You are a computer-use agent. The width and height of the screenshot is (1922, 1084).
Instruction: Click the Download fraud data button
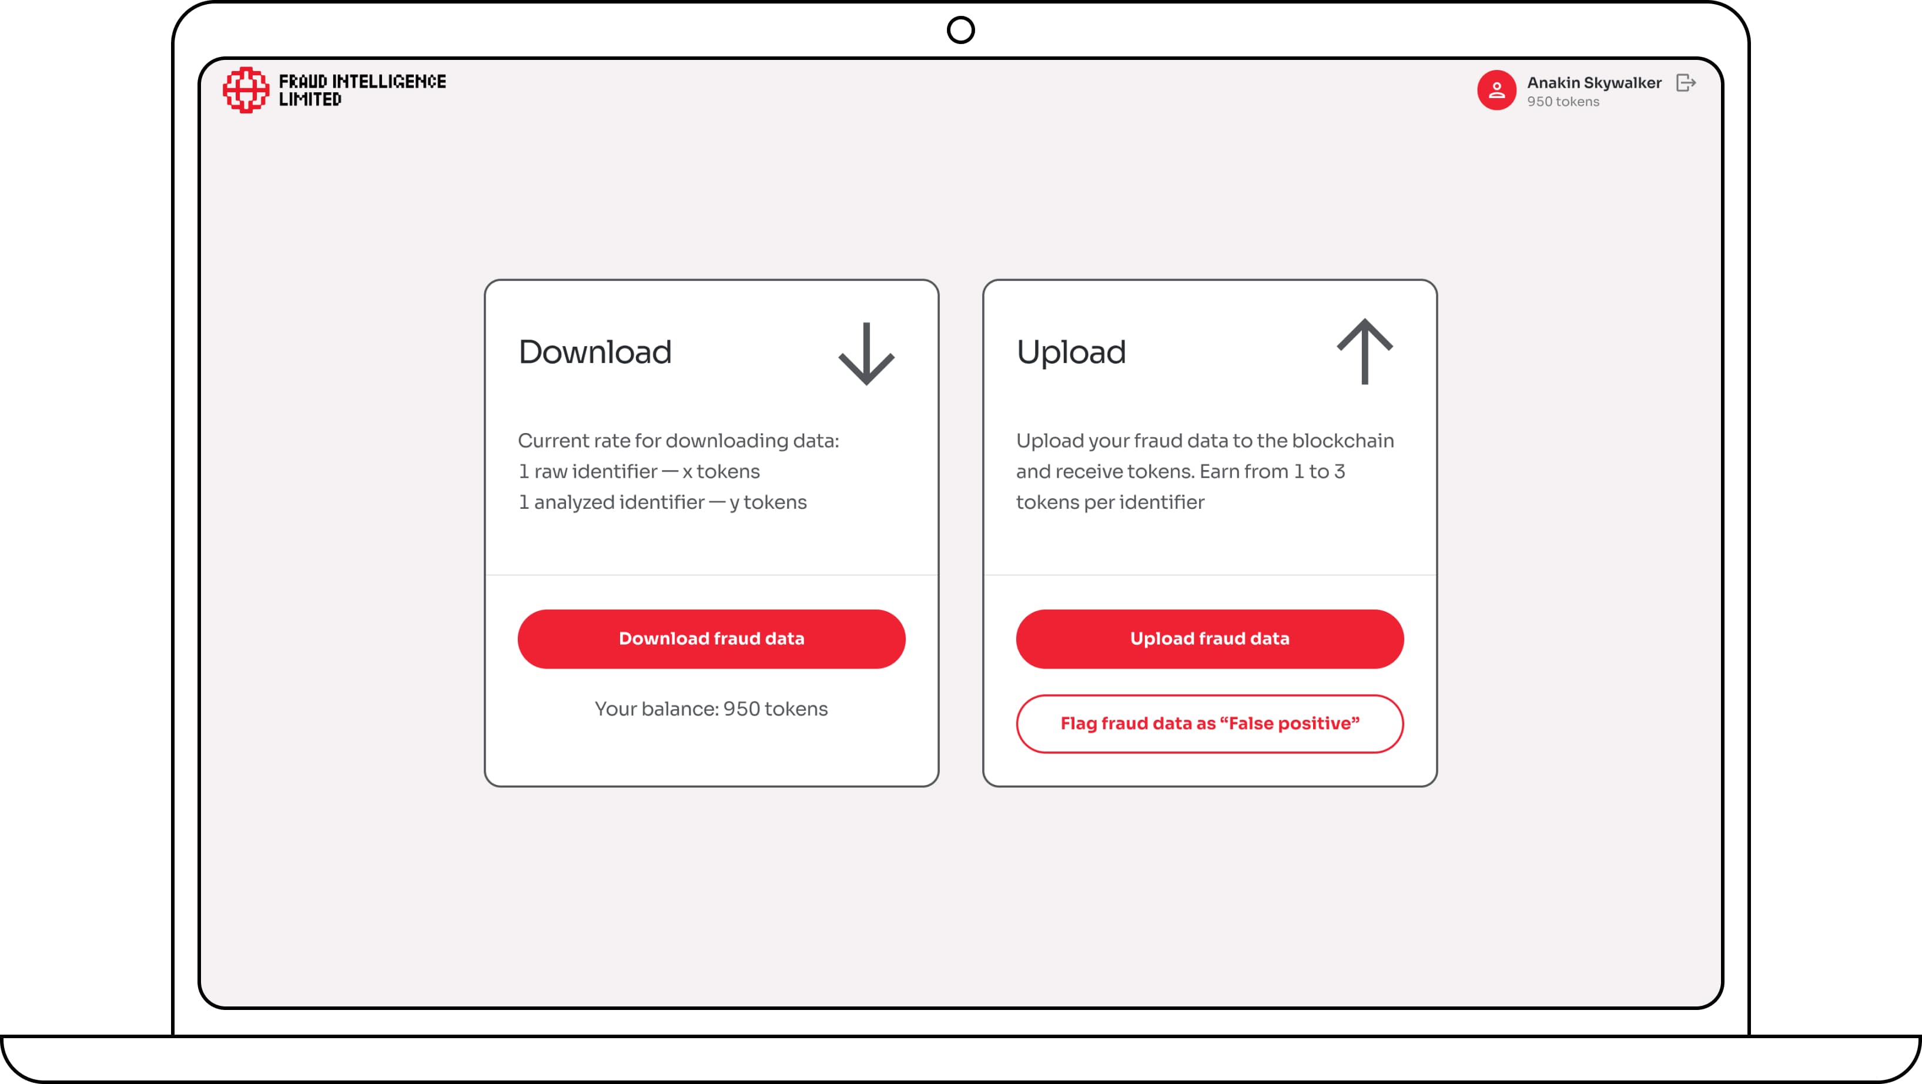pos(711,639)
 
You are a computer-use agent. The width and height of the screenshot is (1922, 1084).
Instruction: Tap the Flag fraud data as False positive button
pos(1210,724)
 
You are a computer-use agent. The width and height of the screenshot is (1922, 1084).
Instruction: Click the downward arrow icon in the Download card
pos(866,354)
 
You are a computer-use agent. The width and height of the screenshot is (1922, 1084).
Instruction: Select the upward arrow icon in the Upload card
pos(1365,351)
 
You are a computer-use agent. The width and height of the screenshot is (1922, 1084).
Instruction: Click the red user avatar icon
pos(1496,90)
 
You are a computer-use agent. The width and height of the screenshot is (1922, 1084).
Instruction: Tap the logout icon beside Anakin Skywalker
pos(1686,83)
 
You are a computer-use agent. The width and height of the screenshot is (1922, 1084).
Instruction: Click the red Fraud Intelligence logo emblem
pos(246,89)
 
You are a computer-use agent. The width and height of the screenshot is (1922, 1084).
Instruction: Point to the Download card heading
pos(595,352)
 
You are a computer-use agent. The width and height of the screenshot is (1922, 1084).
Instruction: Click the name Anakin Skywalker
pos(1593,83)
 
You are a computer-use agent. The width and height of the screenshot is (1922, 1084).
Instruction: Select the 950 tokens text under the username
pos(1562,102)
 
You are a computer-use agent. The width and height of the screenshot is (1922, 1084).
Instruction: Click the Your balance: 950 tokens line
pos(711,709)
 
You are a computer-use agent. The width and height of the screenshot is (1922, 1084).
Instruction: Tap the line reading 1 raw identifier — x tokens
pos(639,472)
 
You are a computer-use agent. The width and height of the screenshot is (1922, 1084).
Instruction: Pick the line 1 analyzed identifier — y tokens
pos(662,503)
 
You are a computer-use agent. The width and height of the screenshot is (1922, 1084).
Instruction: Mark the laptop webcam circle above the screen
pos(961,30)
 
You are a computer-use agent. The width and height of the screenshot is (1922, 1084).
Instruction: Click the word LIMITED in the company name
pos(310,99)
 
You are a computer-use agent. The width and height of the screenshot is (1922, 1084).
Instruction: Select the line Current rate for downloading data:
pos(678,441)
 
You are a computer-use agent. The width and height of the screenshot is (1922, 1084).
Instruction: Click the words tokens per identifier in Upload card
pos(1110,503)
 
